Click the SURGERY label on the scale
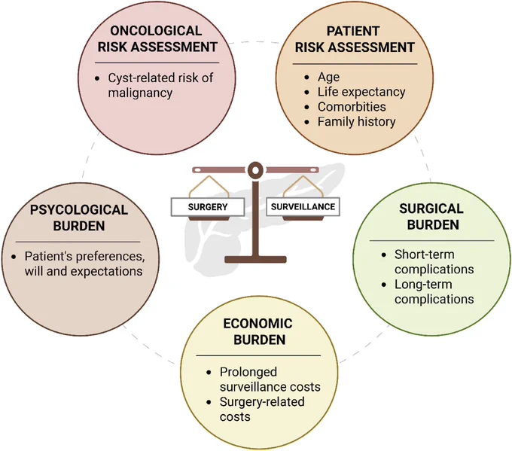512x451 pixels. click(208, 207)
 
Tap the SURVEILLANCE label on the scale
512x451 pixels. click(303, 207)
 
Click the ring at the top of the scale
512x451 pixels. click(255, 170)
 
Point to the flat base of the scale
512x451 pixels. click(255, 260)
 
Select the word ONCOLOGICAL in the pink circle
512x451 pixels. click(156, 31)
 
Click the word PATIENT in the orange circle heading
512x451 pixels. click(353, 32)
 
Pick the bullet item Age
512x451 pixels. click(328, 77)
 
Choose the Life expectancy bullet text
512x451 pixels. click(361, 92)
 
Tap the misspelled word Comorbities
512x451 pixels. click(352, 107)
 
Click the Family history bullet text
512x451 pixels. click(357, 122)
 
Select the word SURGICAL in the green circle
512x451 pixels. click(431, 209)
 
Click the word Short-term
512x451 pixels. click(424, 254)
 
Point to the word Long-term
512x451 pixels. click(423, 285)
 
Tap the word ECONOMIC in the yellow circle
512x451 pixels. click(258, 324)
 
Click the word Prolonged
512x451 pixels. click(248, 372)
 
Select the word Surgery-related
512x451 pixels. click(262, 402)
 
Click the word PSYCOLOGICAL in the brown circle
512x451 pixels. click(79, 210)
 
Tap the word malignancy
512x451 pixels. click(140, 93)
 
